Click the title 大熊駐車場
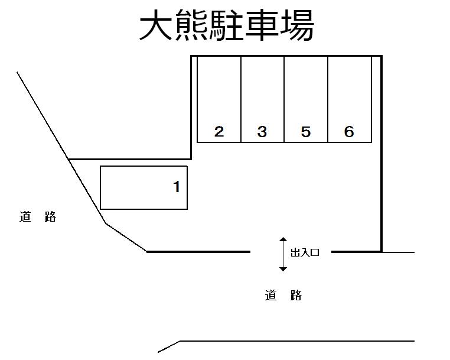pos(227,25)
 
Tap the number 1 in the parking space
pos(177,187)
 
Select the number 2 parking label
pos(219,132)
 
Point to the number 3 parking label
pos(262,132)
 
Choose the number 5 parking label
pos(306,132)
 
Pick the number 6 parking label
pos(349,132)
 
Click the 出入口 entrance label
pos(305,252)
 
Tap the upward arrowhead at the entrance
pos(283,239)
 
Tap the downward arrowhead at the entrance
pos(283,269)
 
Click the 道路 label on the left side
pos(38,216)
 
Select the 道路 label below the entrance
pos(283,296)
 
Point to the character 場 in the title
pos(297,25)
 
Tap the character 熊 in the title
pos(191,25)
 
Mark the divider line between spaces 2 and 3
pos(241,99)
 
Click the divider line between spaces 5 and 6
pos(328,99)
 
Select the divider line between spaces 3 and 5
pos(284,99)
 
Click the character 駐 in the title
pos(227,25)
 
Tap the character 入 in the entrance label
pos(305,252)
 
